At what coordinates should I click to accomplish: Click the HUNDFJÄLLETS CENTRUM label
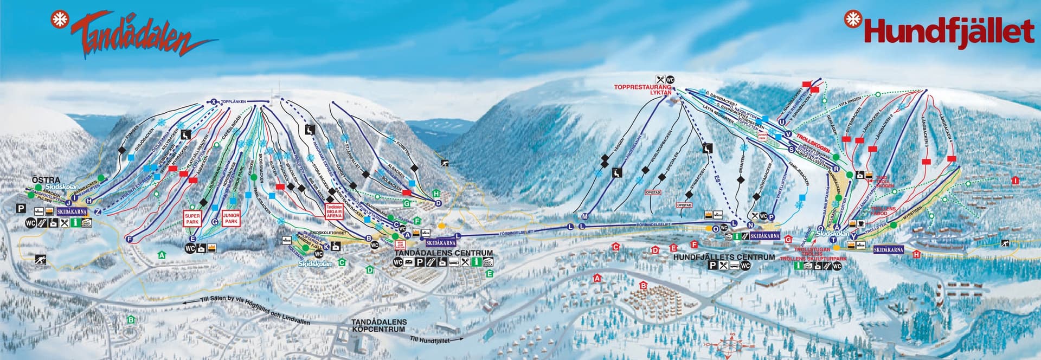(x=723, y=257)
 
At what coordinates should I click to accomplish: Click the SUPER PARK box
(x=193, y=218)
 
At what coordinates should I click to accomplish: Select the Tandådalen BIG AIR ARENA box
(x=335, y=211)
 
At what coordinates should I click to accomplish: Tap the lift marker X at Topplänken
(x=214, y=101)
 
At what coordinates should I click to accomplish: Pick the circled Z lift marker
(x=98, y=211)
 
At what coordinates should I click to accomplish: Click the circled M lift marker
(x=584, y=216)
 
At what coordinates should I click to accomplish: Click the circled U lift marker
(x=781, y=122)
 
